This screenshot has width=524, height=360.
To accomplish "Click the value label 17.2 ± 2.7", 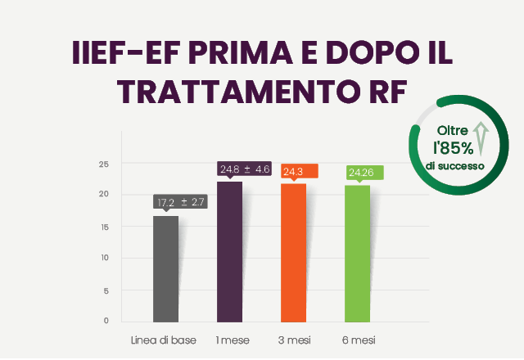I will pyautogui.click(x=181, y=201).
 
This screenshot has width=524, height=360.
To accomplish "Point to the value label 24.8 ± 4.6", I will pyautogui.click(x=244, y=169).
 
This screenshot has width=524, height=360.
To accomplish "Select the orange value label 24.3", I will pyautogui.click(x=294, y=172).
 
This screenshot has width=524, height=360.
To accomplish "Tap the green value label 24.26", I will pyautogui.click(x=362, y=172).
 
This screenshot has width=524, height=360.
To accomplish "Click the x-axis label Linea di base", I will pyautogui.click(x=163, y=339).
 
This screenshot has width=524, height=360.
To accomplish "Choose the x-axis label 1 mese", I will pyautogui.click(x=233, y=339).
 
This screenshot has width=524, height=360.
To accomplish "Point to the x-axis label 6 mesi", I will pyautogui.click(x=359, y=339).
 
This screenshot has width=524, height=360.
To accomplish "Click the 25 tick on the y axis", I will pyautogui.click(x=103, y=164).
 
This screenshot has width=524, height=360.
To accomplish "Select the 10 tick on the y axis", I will pyautogui.click(x=103, y=258).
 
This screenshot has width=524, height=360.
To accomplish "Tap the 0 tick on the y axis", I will pyautogui.click(x=106, y=320).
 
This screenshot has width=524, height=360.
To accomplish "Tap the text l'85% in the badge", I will pyautogui.click(x=453, y=148).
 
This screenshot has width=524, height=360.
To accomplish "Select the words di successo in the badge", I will pyautogui.click(x=454, y=165).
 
